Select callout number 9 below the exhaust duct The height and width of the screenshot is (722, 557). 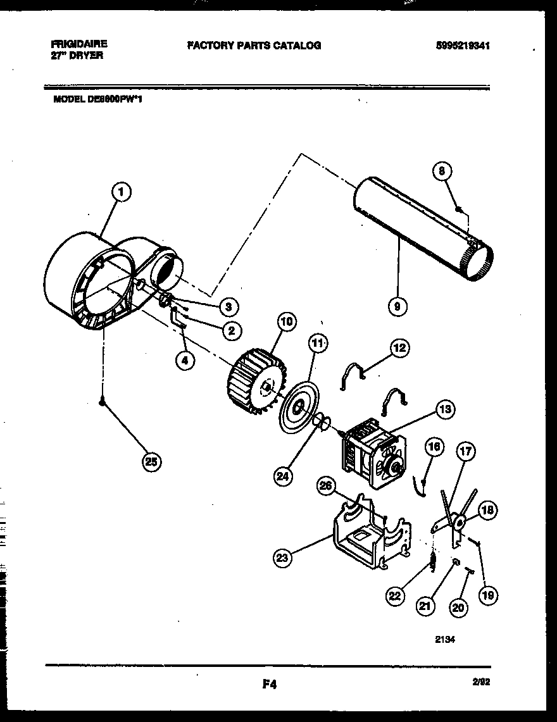click(397, 307)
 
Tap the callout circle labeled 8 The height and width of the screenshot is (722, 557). click(442, 170)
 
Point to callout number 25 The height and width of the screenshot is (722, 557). click(150, 462)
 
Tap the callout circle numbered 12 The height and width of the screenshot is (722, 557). click(399, 347)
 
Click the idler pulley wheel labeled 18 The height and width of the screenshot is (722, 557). click(457, 521)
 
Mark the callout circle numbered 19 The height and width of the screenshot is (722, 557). click(488, 594)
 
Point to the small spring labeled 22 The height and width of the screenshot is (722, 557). click(432, 561)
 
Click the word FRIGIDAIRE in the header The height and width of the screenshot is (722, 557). click(78, 44)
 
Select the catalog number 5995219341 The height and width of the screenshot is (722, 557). click(463, 46)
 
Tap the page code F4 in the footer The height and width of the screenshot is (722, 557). click(268, 684)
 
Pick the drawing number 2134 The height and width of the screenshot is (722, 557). click(444, 639)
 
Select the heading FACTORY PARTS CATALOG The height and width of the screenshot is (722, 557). click(253, 46)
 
